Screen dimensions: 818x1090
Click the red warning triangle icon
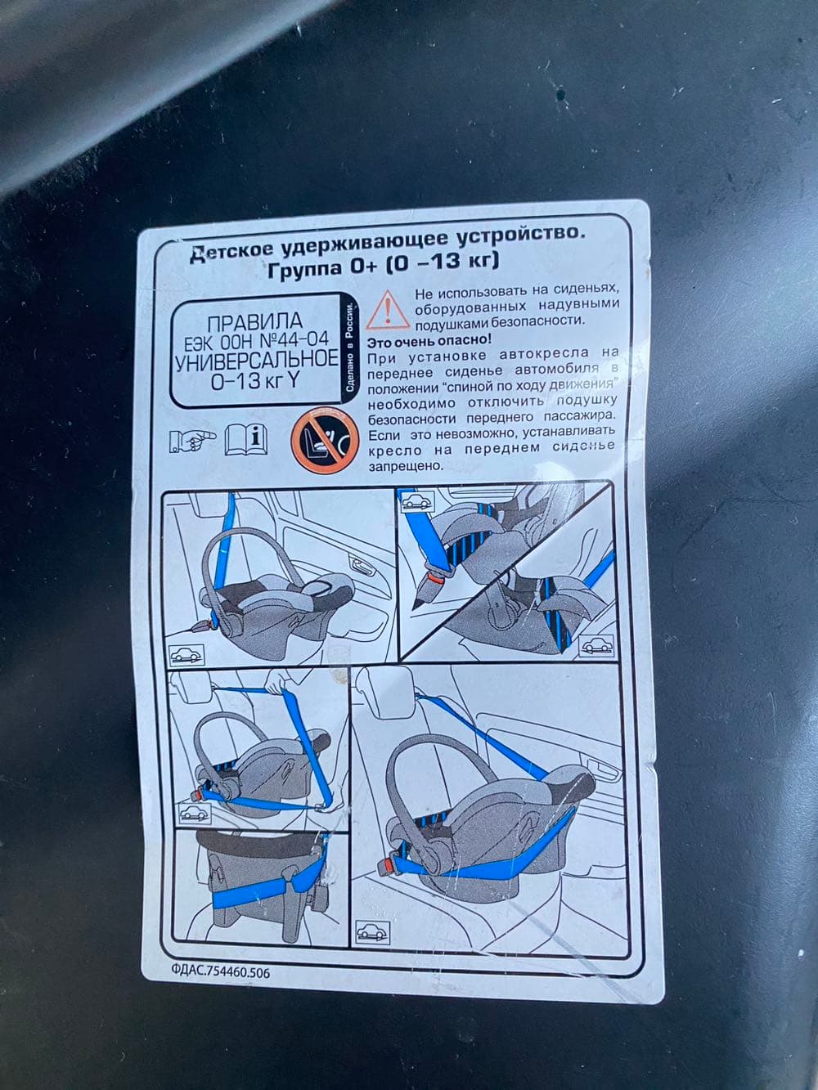389,311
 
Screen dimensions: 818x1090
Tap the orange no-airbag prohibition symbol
326,440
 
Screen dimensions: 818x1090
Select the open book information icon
246,439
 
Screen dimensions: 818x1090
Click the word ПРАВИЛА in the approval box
254,323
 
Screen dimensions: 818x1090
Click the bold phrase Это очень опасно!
429,341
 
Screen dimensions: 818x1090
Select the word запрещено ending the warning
404,466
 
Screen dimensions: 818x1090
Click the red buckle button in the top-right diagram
434,578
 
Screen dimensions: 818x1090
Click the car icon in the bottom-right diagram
372,932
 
